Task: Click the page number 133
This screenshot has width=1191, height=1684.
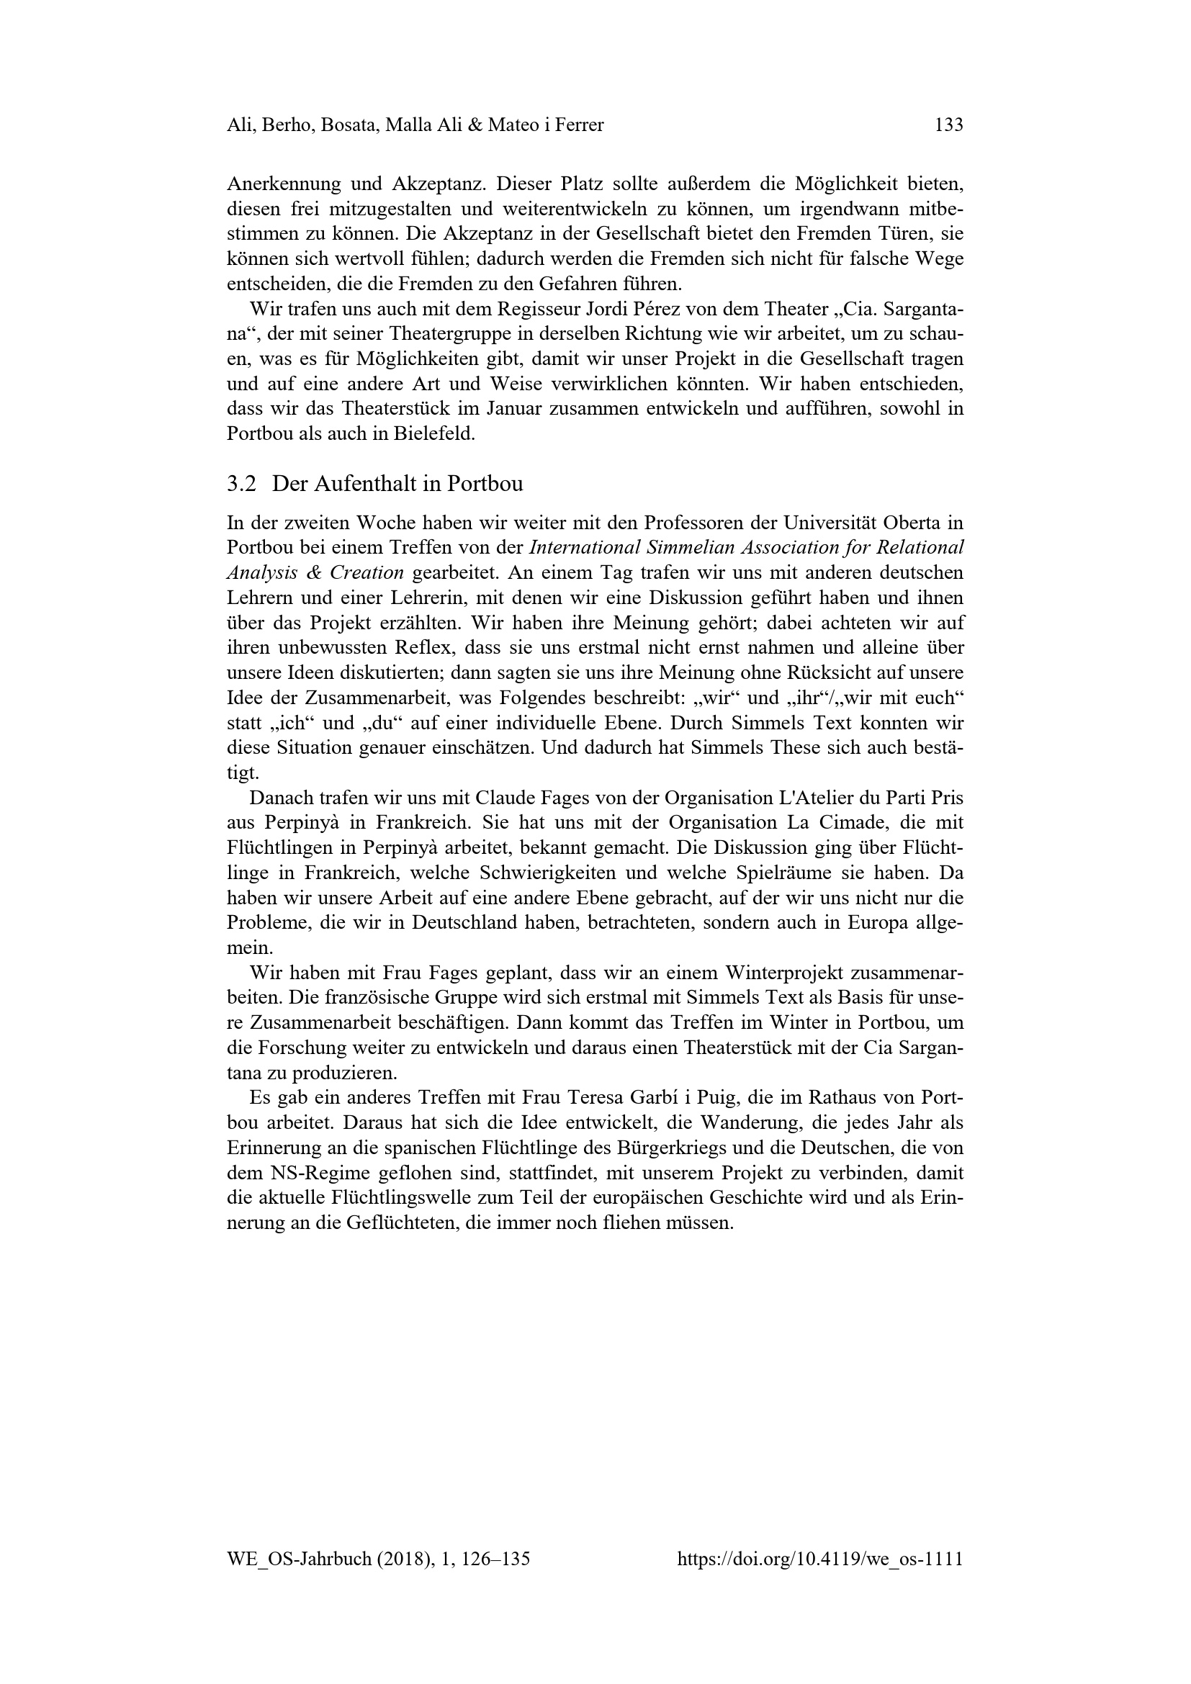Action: point(948,125)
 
